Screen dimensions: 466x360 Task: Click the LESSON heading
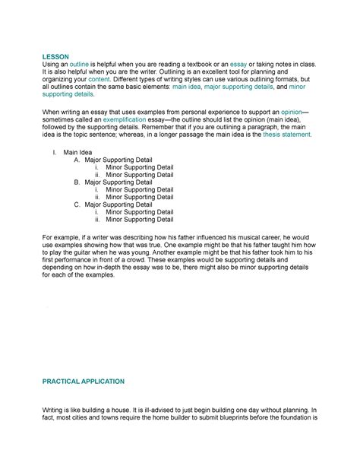point(54,56)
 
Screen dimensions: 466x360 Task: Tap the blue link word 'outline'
point(79,67)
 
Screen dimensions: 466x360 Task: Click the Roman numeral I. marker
point(55,153)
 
